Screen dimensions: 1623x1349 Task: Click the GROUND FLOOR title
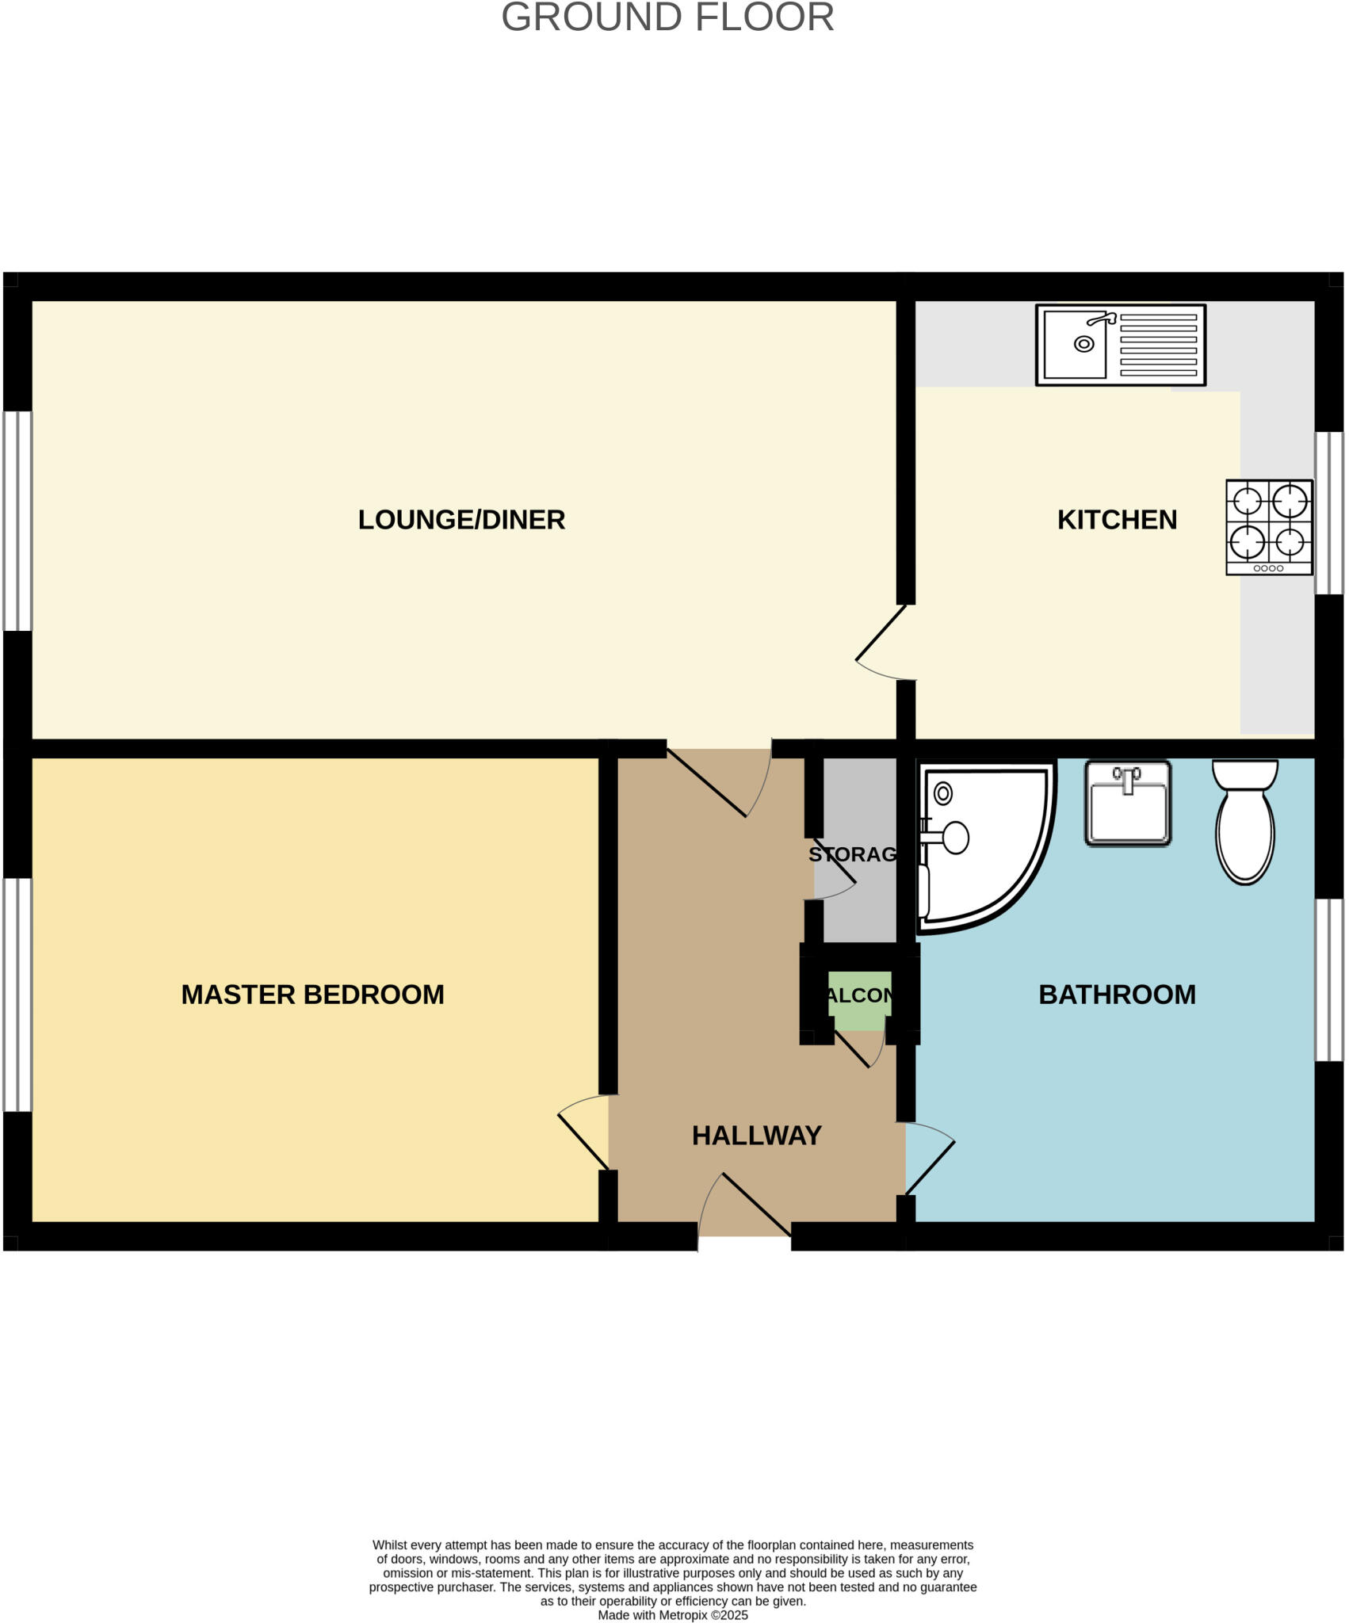click(667, 17)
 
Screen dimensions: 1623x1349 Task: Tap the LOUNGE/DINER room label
click(461, 520)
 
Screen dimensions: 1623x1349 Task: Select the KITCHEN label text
click(1117, 520)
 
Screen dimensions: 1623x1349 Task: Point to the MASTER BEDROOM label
click(312, 995)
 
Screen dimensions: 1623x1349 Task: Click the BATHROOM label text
click(1117, 995)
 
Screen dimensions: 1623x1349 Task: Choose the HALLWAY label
click(756, 1136)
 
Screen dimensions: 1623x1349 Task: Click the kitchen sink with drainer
click(1120, 345)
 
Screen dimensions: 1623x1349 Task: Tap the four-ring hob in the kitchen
click(1268, 527)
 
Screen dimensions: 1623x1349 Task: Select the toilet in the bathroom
click(1245, 820)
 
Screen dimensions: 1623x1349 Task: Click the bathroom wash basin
click(1127, 804)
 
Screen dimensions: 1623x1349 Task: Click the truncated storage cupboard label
click(853, 854)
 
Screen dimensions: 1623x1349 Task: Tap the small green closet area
click(859, 1000)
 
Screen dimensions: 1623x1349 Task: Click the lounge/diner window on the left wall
click(17, 521)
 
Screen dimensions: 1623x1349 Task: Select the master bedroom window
click(17, 995)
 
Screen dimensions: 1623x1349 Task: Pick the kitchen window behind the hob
click(1329, 513)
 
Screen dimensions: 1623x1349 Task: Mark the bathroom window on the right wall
click(1329, 980)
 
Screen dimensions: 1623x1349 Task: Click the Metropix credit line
click(672, 1615)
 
